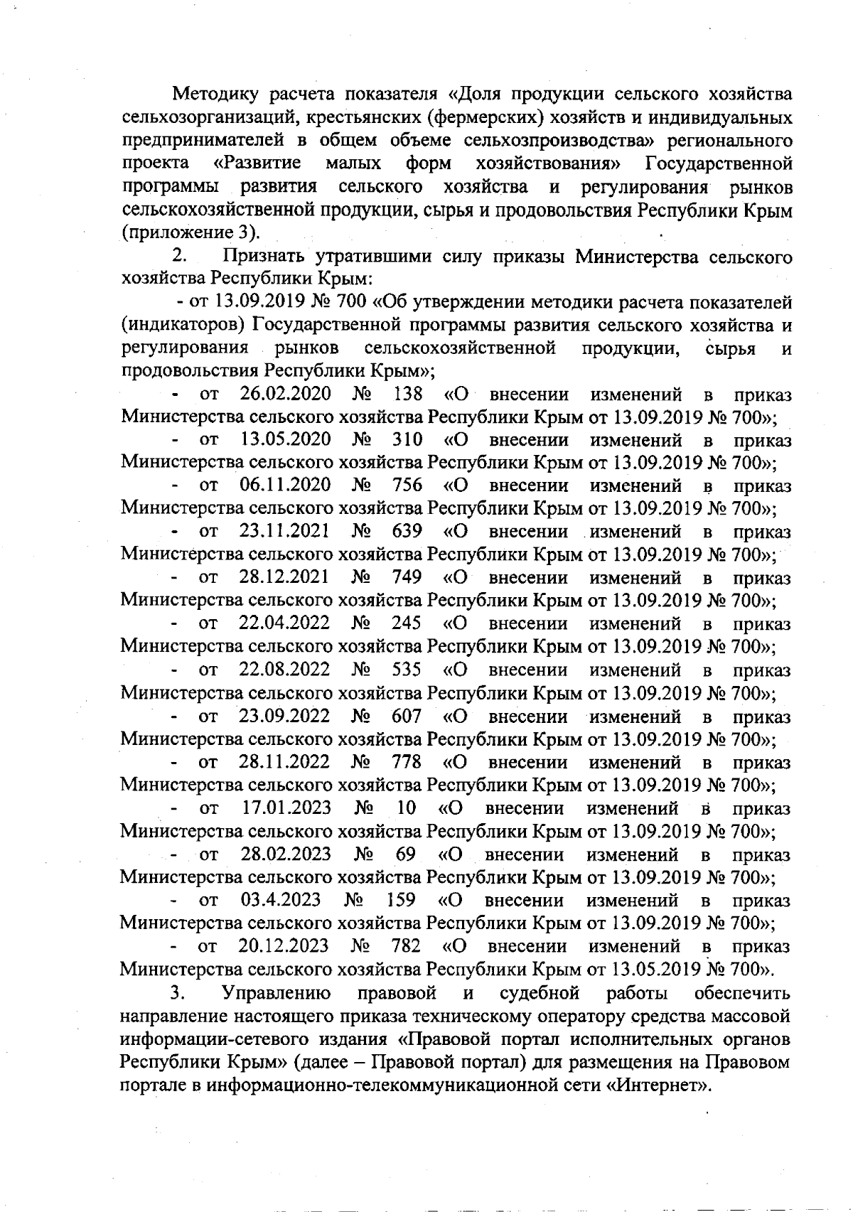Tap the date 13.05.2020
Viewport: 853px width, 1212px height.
click(x=286, y=440)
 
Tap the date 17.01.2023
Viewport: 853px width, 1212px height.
click(x=286, y=808)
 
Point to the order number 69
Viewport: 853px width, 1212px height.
click(x=406, y=854)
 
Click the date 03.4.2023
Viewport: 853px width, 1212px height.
click(x=281, y=900)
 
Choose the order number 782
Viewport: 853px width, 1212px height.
click(x=406, y=946)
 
